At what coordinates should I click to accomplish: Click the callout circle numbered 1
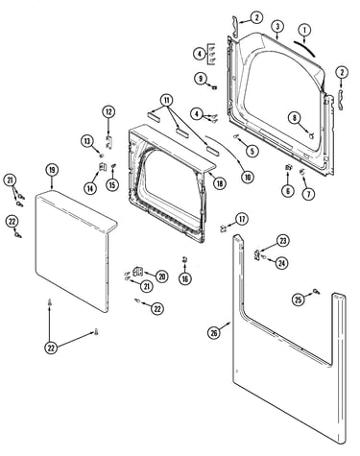(x=304, y=31)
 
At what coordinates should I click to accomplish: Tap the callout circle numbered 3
(x=277, y=26)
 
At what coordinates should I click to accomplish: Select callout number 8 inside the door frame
(x=294, y=118)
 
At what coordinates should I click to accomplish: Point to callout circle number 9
(x=201, y=79)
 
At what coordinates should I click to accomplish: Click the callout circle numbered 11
(x=166, y=100)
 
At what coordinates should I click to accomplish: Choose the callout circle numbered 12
(x=108, y=112)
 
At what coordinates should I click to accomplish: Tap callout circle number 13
(x=87, y=141)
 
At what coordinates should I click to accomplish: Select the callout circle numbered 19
(x=52, y=170)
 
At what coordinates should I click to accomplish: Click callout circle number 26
(x=213, y=333)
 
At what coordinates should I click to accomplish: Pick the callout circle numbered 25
(x=299, y=300)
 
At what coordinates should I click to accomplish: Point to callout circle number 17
(x=242, y=219)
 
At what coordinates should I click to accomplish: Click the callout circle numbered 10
(x=247, y=177)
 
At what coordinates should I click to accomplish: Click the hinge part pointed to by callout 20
(x=138, y=272)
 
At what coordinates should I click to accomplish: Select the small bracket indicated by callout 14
(x=103, y=167)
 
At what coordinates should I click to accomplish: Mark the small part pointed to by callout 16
(x=184, y=260)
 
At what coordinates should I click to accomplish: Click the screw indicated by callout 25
(x=316, y=291)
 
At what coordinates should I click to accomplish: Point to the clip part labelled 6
(x=288, y=168)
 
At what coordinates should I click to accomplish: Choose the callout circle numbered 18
(x=219, y=183)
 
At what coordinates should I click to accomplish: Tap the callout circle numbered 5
(x=252, y=151)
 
